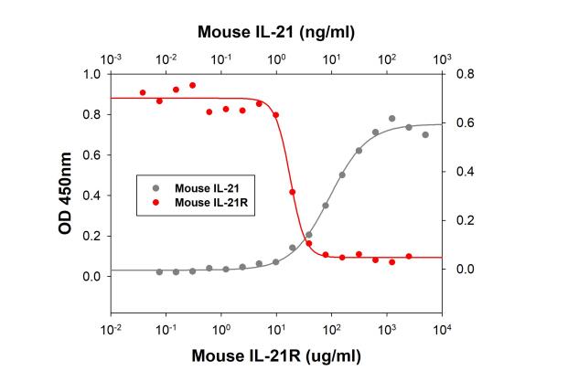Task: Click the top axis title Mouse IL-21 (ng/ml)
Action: pos(276,32)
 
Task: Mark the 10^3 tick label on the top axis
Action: pos(442,58)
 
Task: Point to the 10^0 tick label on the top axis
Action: pos(276,58)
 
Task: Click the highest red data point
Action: pos(192,85)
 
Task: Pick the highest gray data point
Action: pos(391,119)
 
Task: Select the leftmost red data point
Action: pos(142,92)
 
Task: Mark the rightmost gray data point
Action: pos(425,134)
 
